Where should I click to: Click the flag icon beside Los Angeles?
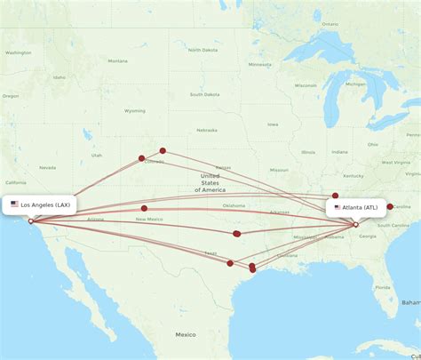pyautogui.click(x=14, y=204)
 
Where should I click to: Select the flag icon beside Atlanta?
pyautogui.click(x=338, y=207)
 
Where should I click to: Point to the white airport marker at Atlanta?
pyautogui.click(x=355, y=225)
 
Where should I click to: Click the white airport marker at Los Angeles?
pyautogui.click(x=30, y=221)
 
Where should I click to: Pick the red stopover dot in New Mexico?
pyautogui.click(x=144, y=208)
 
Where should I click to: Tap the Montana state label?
pyautogui.click(x=117, y=61)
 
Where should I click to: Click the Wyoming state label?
pyautogui.click(x=135, y=111)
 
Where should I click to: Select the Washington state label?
pyautogui.click(x=17, y=52)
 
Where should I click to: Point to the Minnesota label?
pyautogui.click(x=259, y=65)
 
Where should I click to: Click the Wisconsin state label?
pyautogui.click(x=306, y=85)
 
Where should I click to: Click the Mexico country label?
pyautogui.click(x=185, y=334)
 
